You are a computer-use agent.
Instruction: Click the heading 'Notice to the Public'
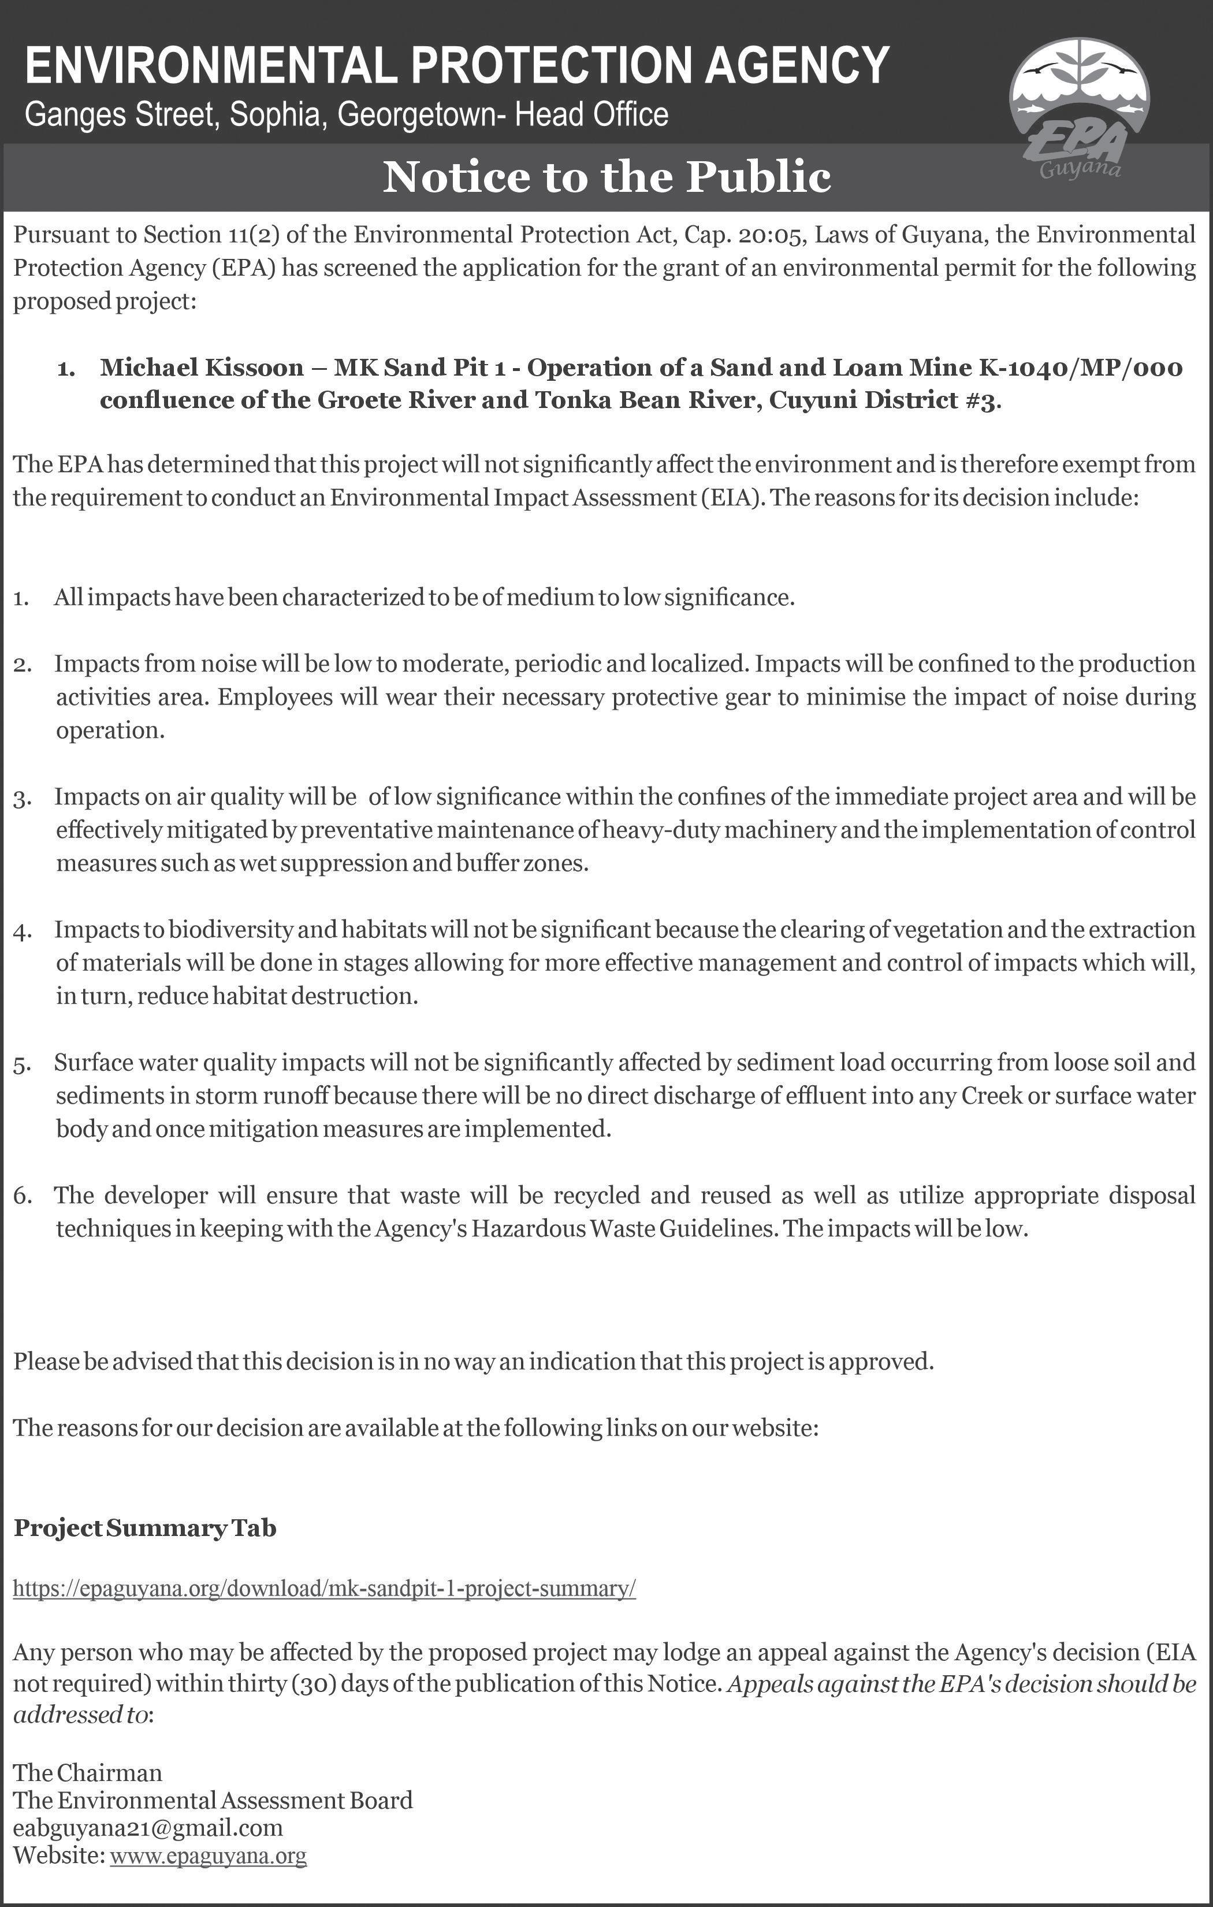[x=606, y=177]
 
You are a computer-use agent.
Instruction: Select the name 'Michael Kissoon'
[x=202, y=368]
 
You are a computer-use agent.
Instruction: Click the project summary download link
[x=325, y=1588]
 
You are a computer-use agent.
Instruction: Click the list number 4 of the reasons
[x=22, y=932]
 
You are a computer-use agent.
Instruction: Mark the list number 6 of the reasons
[x=22, y=1196]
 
